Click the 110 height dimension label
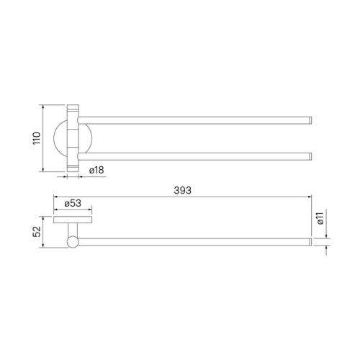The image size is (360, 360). (37, 138)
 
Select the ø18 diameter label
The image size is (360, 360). (96, 170)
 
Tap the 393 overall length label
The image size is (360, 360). (183, 190)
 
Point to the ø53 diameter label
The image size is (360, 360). (73, 204)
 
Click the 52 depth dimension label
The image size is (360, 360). (37, 232)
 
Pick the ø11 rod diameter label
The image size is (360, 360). (320, 218)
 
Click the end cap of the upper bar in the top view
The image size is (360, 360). (310, 120)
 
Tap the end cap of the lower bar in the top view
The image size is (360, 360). (310, 156)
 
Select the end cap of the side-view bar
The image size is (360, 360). (310, 242)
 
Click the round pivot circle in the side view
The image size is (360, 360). (73, 242)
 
